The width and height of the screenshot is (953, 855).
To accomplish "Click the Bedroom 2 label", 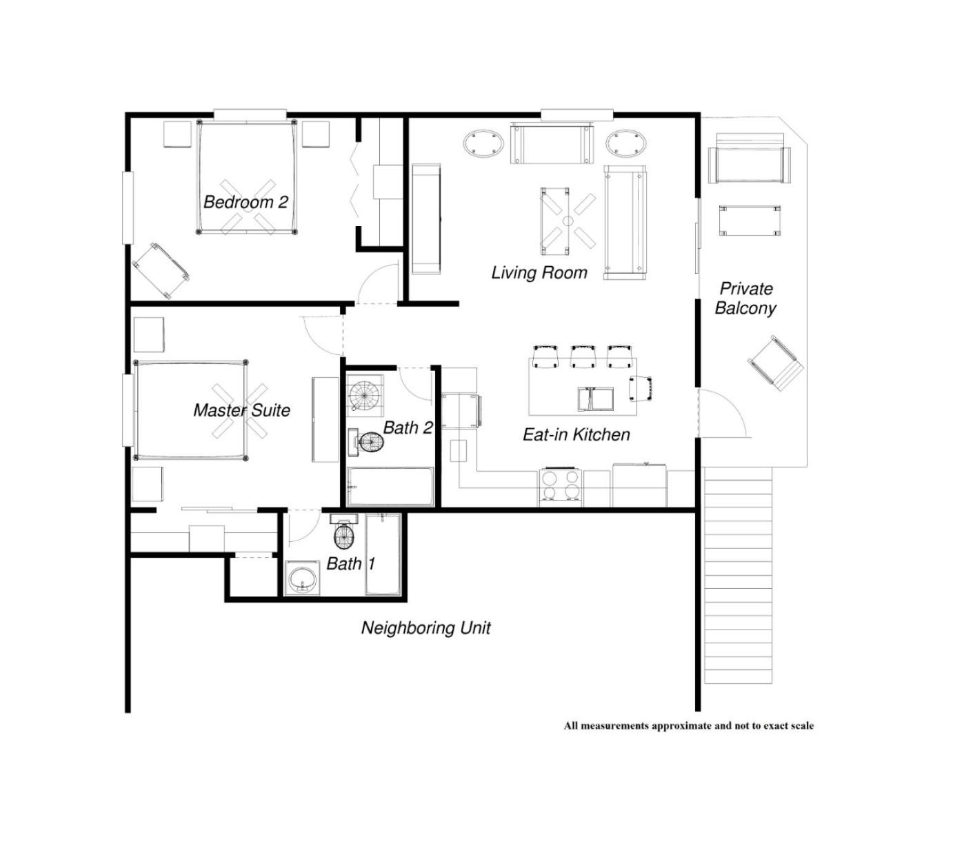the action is click(x=245, y=202).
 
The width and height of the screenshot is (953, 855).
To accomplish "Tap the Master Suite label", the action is click(x=241, y=410).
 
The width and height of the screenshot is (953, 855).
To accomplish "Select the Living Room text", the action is click(x=539, y=273).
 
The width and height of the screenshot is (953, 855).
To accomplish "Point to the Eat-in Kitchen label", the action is click(x=576, y=434).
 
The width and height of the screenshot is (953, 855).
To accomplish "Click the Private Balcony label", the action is click(x=745, y=298).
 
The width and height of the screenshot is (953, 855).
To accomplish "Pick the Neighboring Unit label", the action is click(x=425, y=628).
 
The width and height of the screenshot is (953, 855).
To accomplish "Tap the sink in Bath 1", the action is click(x=302, y=579).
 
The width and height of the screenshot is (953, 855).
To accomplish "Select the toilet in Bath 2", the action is click(x=366, y=441).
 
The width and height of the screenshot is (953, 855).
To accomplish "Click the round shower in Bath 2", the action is click(x=365, y=395).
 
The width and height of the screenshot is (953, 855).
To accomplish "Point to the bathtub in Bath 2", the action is click(x=390, y=486).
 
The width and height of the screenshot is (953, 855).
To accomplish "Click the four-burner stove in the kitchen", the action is click(x=560, y=487).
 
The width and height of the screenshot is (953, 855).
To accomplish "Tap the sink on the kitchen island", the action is click(x=596, y=399).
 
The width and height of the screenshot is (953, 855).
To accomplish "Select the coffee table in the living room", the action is click(x=554, y=221).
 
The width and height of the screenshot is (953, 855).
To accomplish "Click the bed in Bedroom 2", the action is click(x=246, y=177).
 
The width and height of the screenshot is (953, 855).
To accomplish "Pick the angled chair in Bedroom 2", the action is click(x=161, y=270).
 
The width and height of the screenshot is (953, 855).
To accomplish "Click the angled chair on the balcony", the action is click(x=776, y=363).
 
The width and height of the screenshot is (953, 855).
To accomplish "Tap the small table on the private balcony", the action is click(x=750, y=220).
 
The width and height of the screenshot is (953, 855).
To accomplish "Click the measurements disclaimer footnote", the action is click(x=689, y=725).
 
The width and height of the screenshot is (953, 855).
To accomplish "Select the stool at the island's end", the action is click(x=641, y=388).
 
